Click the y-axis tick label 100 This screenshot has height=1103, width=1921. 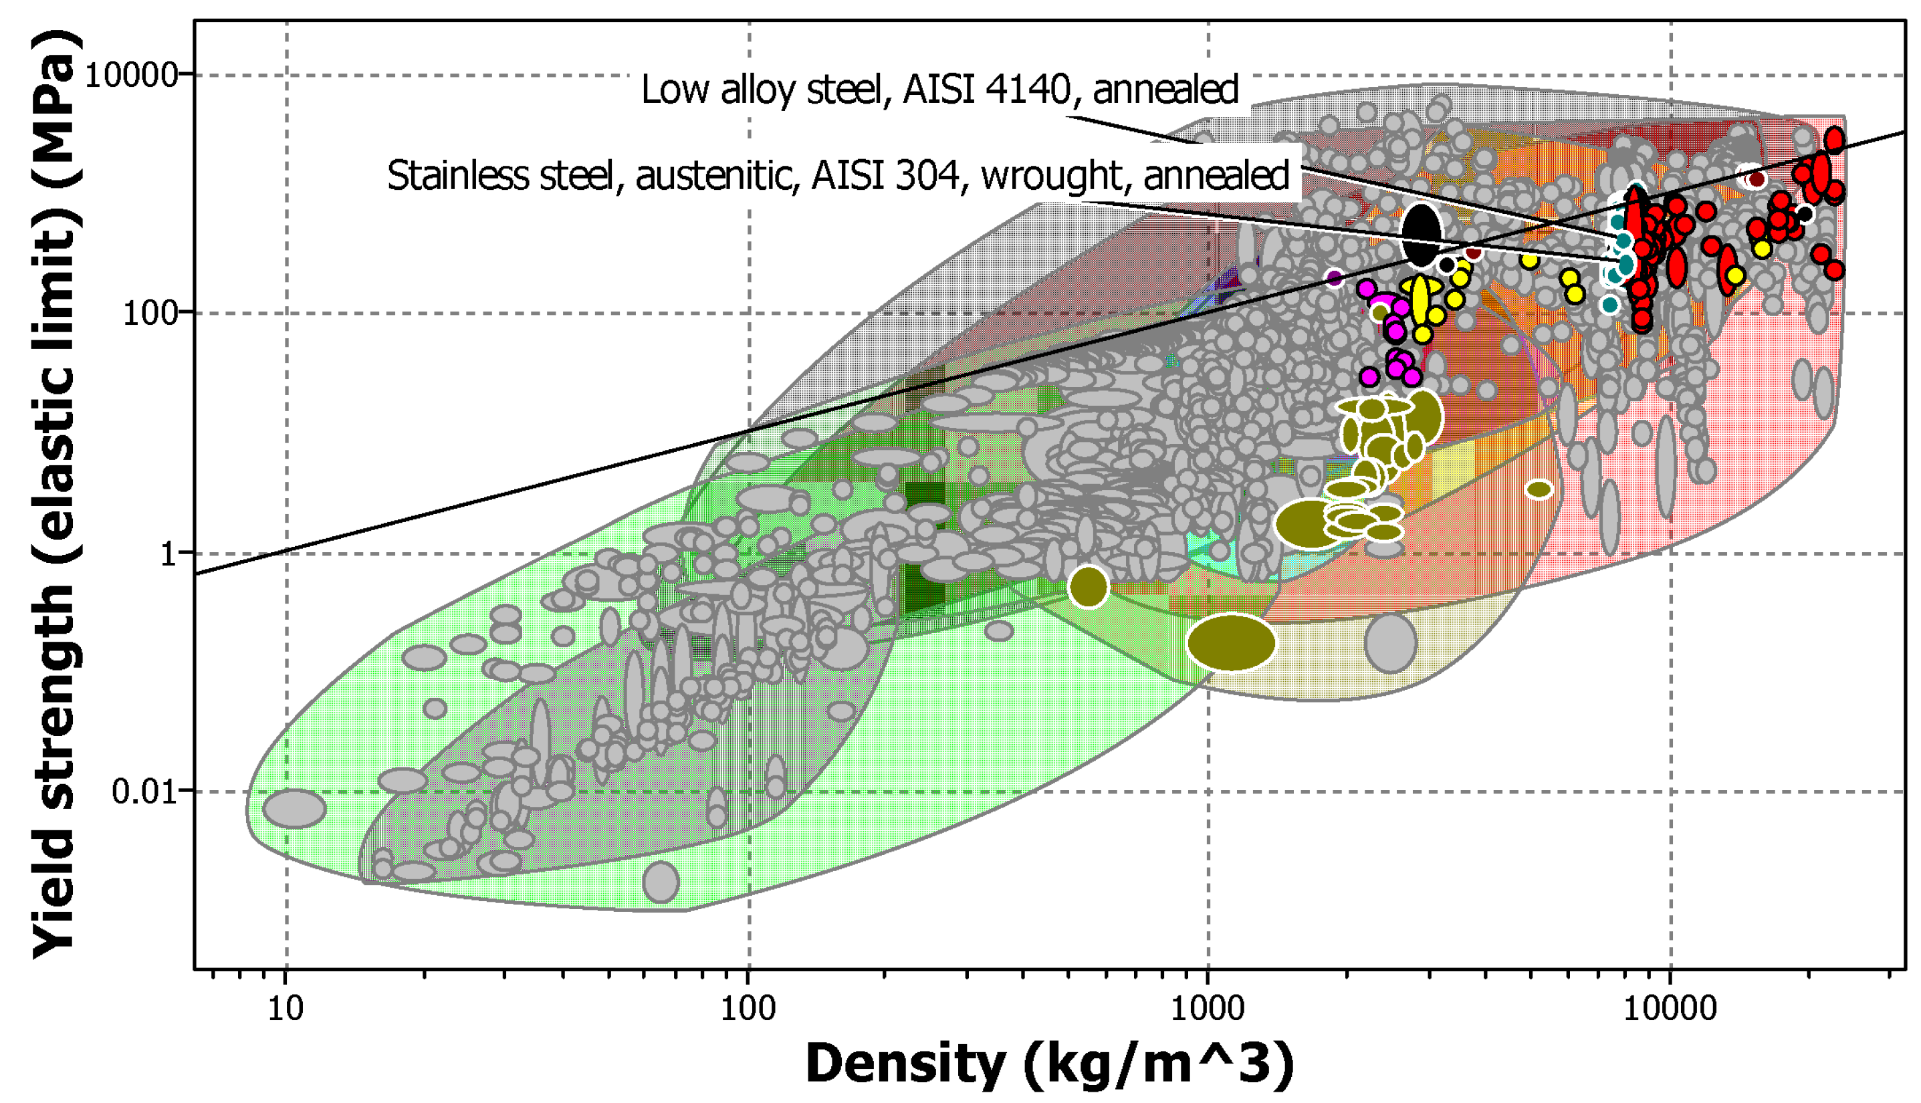tap(150, 312)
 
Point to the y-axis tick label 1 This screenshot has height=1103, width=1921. tap(168, 554)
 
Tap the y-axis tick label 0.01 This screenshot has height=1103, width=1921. tap(144, 791)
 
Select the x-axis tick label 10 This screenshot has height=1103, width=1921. tap(286, 1009)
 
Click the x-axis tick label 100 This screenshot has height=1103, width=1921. tap(748, 1009)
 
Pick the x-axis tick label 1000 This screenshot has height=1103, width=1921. tap(1208, 1009)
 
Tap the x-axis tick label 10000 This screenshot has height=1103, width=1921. tap(1670, 1009)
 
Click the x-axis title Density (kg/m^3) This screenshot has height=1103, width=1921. tap(1049, 1064)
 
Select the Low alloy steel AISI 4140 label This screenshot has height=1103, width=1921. tap(939, 90)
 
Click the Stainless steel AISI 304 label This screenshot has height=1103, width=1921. tap(838, 176)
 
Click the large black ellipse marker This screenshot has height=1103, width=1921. tap(1422, 234)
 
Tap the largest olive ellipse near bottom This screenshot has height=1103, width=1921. tap(1232, 642)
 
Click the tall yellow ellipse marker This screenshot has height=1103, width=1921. tap(1420, 301)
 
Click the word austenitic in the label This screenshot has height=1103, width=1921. tap(717, 176)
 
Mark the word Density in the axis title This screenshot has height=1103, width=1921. tap(905, 1064)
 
